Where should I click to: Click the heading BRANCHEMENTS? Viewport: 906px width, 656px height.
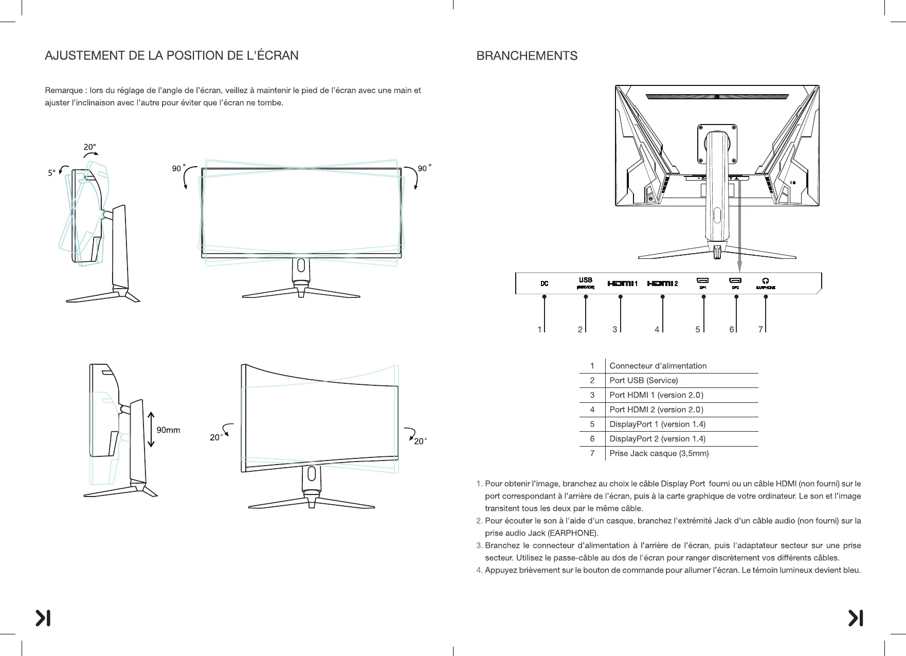527,56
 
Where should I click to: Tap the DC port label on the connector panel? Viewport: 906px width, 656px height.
545,283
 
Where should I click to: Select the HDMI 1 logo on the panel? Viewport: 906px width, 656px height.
621,283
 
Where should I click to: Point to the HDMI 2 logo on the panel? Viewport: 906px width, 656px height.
660,283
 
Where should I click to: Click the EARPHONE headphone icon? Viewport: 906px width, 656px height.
766,281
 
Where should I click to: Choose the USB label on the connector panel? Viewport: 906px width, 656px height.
586,280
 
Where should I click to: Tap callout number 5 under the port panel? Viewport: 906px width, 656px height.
698,329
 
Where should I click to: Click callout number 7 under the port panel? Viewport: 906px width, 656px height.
760,329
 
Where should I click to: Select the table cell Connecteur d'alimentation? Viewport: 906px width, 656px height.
658,366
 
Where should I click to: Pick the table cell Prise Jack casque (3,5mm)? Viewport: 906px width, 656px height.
659,453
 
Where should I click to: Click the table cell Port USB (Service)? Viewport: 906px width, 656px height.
643,380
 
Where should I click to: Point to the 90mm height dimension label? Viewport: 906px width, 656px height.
168,430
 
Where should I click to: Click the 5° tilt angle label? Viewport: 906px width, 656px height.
51,173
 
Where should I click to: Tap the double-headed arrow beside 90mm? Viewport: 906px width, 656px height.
151,430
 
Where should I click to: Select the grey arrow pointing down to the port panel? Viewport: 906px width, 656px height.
739,226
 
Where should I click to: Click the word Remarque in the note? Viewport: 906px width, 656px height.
64,91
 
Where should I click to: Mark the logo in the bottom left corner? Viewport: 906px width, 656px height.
43,618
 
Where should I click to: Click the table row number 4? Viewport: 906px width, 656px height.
592,410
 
